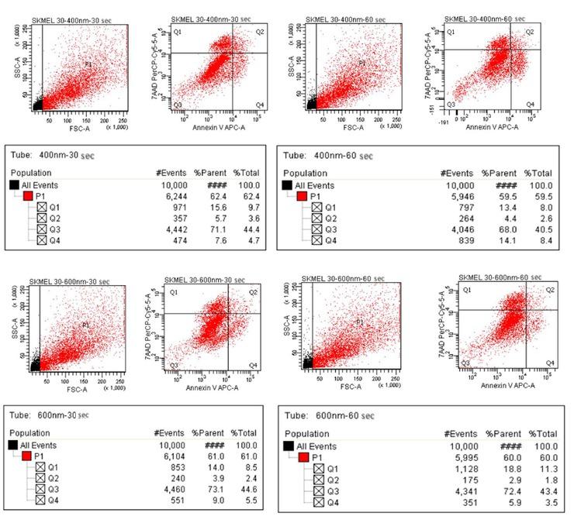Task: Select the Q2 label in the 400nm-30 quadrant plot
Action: pyautogui.click(x=254, y=32)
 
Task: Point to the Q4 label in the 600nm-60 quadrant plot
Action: pyautogui.click(x=549, y=363)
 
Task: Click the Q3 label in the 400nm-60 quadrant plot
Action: pyautogui.click(x=451, y=103)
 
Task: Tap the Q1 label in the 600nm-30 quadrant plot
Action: pyautogui.click(x=175, y=292)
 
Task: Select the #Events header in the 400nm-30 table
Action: pyautogui.click(x=171, y=174)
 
